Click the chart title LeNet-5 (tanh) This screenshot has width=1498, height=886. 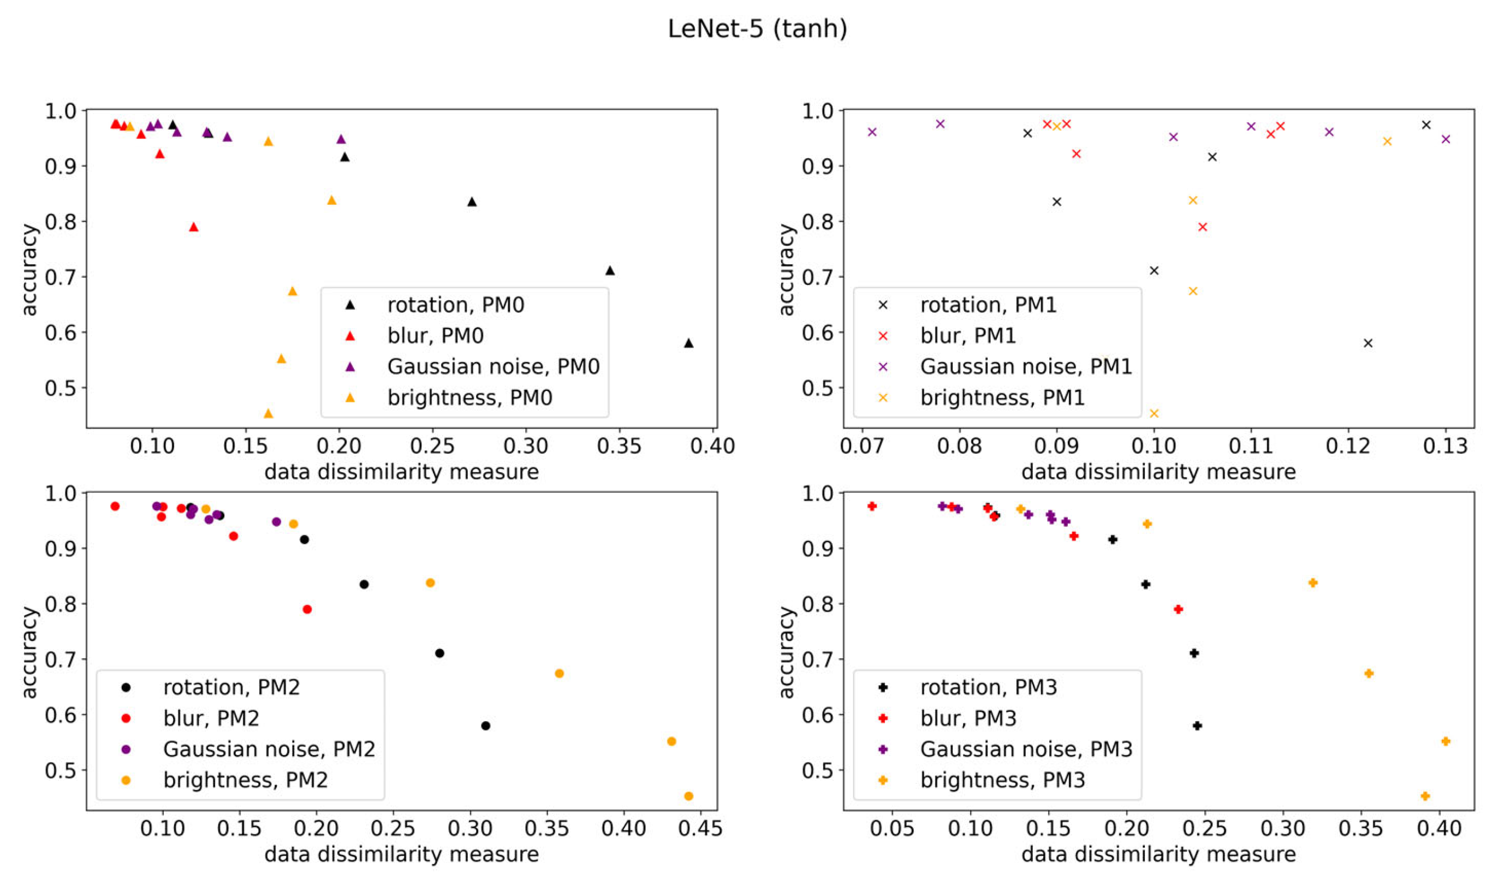coord(757,28)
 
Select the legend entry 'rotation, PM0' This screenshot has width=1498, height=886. coord(455,305)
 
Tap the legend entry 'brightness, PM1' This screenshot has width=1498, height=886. coord(1002,397)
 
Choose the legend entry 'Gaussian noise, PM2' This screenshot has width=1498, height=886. coord(269,748)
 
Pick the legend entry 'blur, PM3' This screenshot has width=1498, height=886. coord(968,718)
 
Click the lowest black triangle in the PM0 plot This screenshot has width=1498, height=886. coord(688,343)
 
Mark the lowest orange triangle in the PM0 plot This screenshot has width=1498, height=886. coord(268,413)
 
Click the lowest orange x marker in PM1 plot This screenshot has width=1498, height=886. coord(1154,413)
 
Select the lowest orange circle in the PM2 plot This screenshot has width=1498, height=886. coord(688,796)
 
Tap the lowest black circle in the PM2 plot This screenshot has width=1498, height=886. coord(485,726)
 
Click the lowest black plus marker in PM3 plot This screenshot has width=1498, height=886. coord(1197,726)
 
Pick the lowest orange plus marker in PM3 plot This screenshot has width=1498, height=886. coord(1424,796)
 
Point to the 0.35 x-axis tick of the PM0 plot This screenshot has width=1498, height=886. coord(619,446)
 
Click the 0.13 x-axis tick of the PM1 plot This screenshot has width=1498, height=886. coord(1445,446)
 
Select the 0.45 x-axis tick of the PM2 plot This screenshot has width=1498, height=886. coord(700,829)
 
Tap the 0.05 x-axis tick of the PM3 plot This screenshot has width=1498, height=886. coord(891,829)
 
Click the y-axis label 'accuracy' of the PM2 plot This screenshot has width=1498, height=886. coord(28,652)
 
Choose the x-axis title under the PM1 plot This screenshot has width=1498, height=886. coord(1158,472)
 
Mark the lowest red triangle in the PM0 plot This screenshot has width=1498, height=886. coord(193,227)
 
